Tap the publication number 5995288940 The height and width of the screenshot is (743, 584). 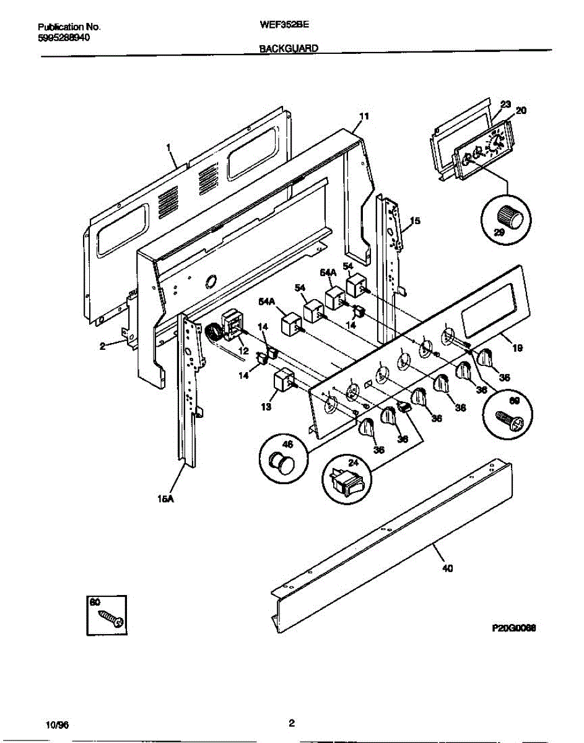[x=64, y=37]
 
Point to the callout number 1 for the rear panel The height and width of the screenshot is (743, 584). [x=168, y=147]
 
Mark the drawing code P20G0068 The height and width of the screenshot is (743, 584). [x=513, y=627]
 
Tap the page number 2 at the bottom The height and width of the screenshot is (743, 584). [x=291, y=723]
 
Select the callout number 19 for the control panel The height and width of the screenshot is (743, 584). [x=517, y=349]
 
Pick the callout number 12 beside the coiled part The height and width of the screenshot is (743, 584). [x=243, y=350]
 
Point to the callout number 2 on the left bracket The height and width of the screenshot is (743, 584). [x=103, y=347]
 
